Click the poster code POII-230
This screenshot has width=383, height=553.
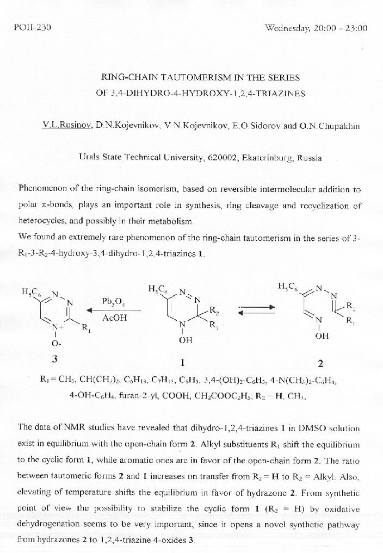point(31,28)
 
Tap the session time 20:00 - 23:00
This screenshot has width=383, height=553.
point(341,28)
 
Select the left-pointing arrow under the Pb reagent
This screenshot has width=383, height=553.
point(114,310)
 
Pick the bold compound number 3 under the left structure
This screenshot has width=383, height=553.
point(54,359)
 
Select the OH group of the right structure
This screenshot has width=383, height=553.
point(322,336)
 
